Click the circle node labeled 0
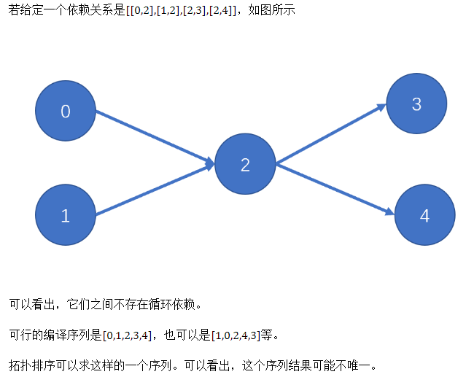pyautogui.click(x=66, y=112)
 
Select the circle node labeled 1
pyautogui.click(x=66, y=216)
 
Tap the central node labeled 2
pyautogui.click(x=245, y=165)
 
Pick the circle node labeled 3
pyautogui.click(x=416, y=104)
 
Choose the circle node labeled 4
pyautogui.click(x=425, y=216)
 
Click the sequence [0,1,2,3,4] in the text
pyautogui.click(x=128, y=336)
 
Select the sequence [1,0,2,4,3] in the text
pyautogui.click(x=235, y=336)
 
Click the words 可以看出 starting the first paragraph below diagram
pyautogui.click(x=31, y=303)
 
